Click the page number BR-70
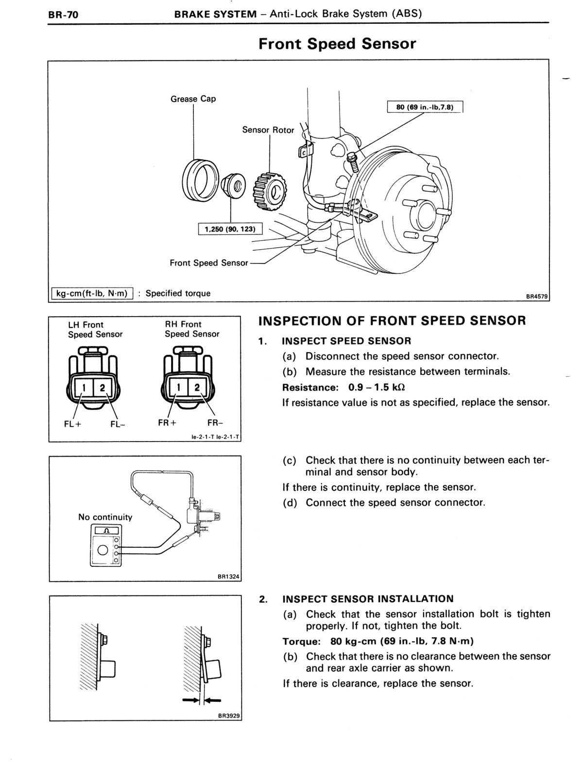[x=64, y=15]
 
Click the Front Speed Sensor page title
[x=337, y=44]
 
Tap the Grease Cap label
[x=193, y=99]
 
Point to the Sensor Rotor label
[x=268, y=130]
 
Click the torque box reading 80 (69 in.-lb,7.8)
[x=425, y=107]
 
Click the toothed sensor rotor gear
[x=270, y=191]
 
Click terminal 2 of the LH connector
[x=103, y=388]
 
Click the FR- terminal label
[x=215, y=423]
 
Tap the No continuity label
[x=105, y=517]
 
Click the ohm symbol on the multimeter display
[x=106, y=531]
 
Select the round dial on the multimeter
[x=103, y=551]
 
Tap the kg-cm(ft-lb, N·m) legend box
[x=92, y=293]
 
